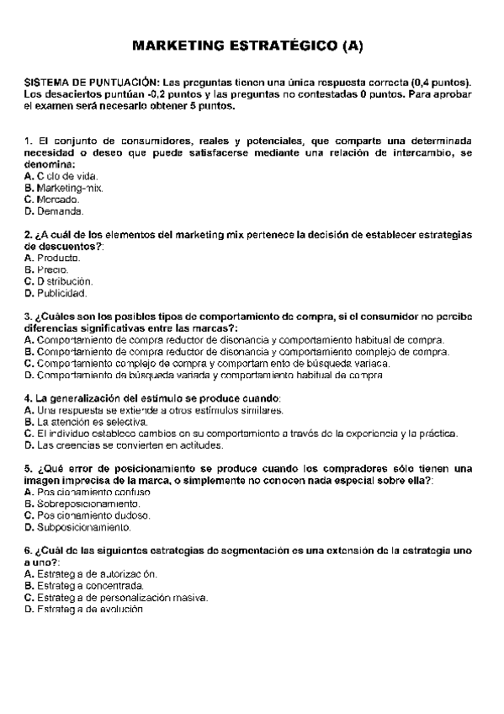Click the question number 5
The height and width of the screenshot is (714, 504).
pyautogui.click(x=29, y=468)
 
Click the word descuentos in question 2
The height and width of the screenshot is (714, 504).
pyautogui.click(x=61, y=246)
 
